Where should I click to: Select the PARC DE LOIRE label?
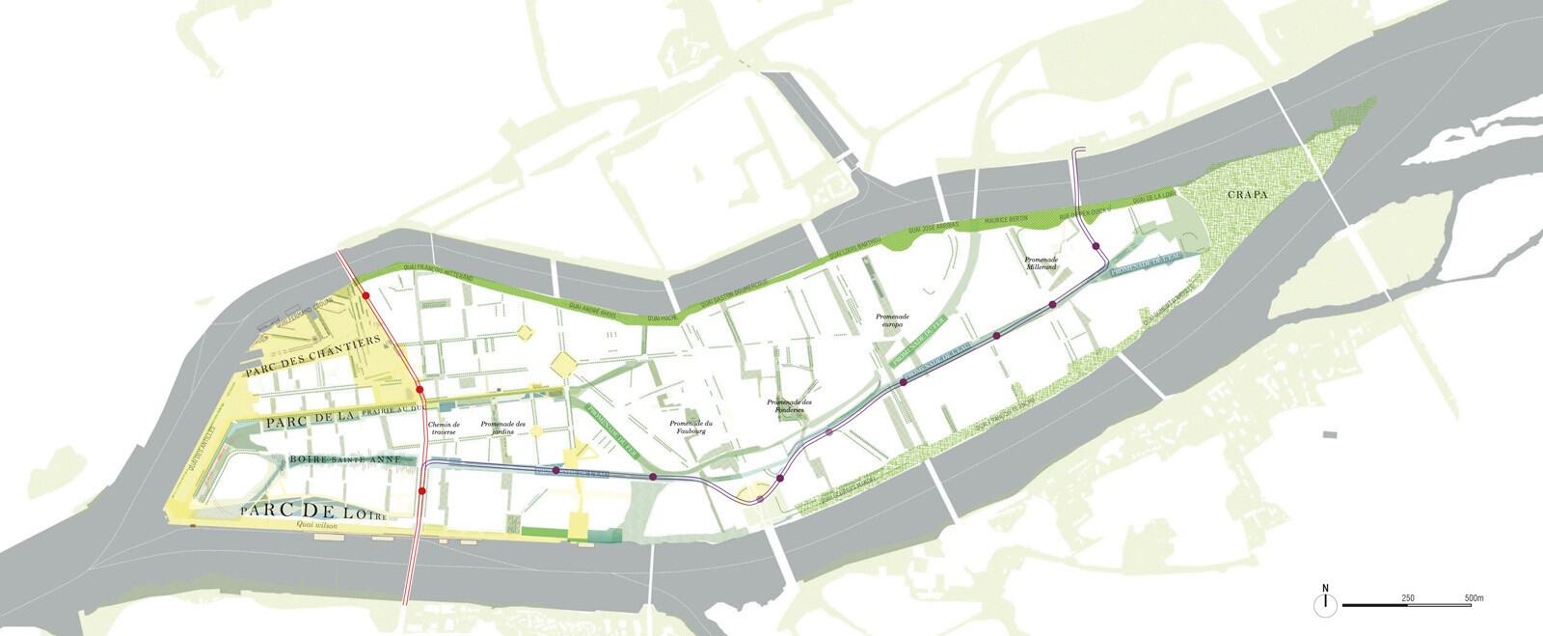[x=313, y=511]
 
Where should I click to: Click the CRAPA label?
[x=1247, y=194]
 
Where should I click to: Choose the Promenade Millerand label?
[x=1042, y=263]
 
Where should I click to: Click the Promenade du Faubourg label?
[x=690, y=428]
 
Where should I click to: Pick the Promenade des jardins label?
[x=503, y=428]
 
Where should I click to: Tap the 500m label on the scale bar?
[x=1474, y=598]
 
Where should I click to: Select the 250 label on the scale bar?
[x=1408, y=598]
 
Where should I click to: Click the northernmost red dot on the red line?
[x=365, y=295]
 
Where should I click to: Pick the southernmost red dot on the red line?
[x=422, y=491]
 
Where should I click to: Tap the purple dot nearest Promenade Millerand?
[x=1097, y=248]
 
